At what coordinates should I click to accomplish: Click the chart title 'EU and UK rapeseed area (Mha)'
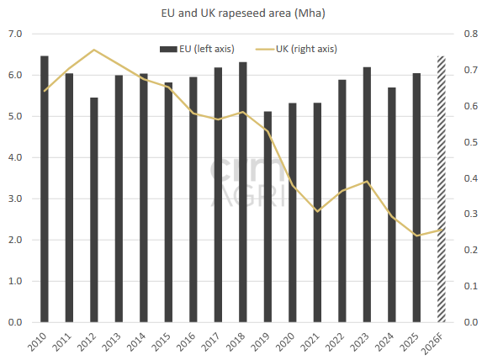tap(243, 13)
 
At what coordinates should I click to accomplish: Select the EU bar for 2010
tap(45, 188)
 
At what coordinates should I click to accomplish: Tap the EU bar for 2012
tap(94, 209)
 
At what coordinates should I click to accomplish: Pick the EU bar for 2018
tap(243, 192)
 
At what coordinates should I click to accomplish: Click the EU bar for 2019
tap(267, 217)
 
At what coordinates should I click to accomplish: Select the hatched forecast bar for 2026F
tap(442, 189)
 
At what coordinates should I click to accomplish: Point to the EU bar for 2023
tap(367, 194)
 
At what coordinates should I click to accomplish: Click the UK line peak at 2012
tap(94, 50)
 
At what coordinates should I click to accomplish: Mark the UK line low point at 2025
tap(416, 236)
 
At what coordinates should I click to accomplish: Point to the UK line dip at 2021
tap(317, 211)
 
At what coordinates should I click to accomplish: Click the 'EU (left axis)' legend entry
tap(197, 49)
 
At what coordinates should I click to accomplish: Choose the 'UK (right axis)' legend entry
tap(297, 49)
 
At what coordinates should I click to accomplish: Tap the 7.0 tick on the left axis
tap(15, 34)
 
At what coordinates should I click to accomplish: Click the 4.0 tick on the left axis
tap(15, 157)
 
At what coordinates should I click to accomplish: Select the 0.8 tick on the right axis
tap(470, 34)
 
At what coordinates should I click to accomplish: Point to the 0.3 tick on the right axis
tap(470, 214)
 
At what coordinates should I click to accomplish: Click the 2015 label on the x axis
tap(162, 341)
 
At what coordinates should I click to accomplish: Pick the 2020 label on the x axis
tap(286, 341)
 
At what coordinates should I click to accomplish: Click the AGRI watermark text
tap(248, 197)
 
